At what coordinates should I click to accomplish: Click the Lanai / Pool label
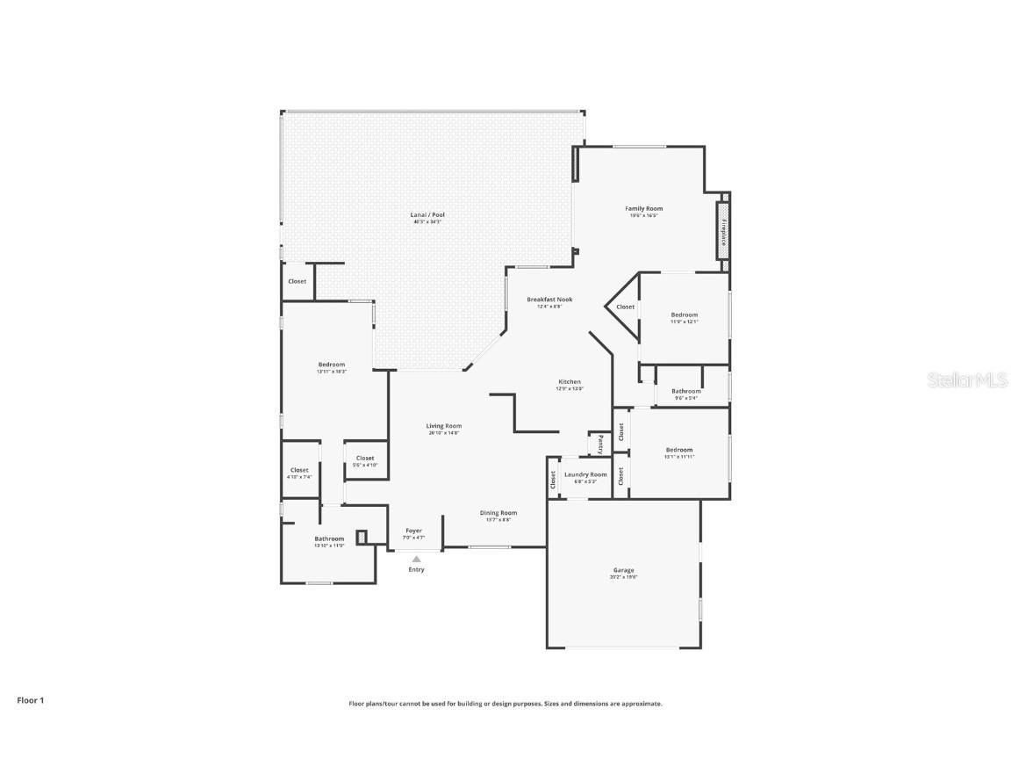click(427, 215)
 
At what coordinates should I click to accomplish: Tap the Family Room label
click(643, 209)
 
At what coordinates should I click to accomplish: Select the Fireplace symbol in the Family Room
click(724, 230)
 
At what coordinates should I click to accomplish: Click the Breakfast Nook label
click(549, 300)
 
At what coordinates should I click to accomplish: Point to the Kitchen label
click(570, 382)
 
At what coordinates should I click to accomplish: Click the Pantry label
click(600, 445)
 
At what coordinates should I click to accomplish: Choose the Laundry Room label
click(585, 474)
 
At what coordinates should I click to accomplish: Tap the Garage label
click(623, 570)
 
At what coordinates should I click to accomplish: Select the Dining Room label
click(498, 513)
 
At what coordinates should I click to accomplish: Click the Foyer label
click(413, 531)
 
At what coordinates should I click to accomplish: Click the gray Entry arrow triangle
click(416, 559)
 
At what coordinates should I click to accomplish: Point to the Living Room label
click(444, 426)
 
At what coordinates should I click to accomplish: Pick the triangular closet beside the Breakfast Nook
click(625, 307)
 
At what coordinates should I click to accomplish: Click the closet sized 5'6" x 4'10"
click(365, 459)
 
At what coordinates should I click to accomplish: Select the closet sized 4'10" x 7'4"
click(299, 471)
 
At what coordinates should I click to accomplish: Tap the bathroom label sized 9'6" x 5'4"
click(686, 392)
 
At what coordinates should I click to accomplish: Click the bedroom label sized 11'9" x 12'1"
click(685, 315)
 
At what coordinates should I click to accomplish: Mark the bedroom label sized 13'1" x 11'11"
click(678, 450)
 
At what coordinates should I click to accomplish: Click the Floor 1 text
click(30, 700)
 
